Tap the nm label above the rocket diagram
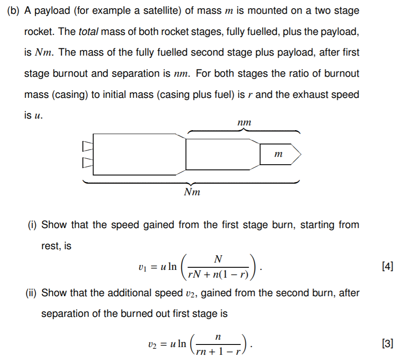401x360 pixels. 244,123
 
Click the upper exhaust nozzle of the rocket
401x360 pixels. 88,146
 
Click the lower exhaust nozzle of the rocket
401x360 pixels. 88,163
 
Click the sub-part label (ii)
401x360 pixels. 34,293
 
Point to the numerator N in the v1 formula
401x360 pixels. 218,259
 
